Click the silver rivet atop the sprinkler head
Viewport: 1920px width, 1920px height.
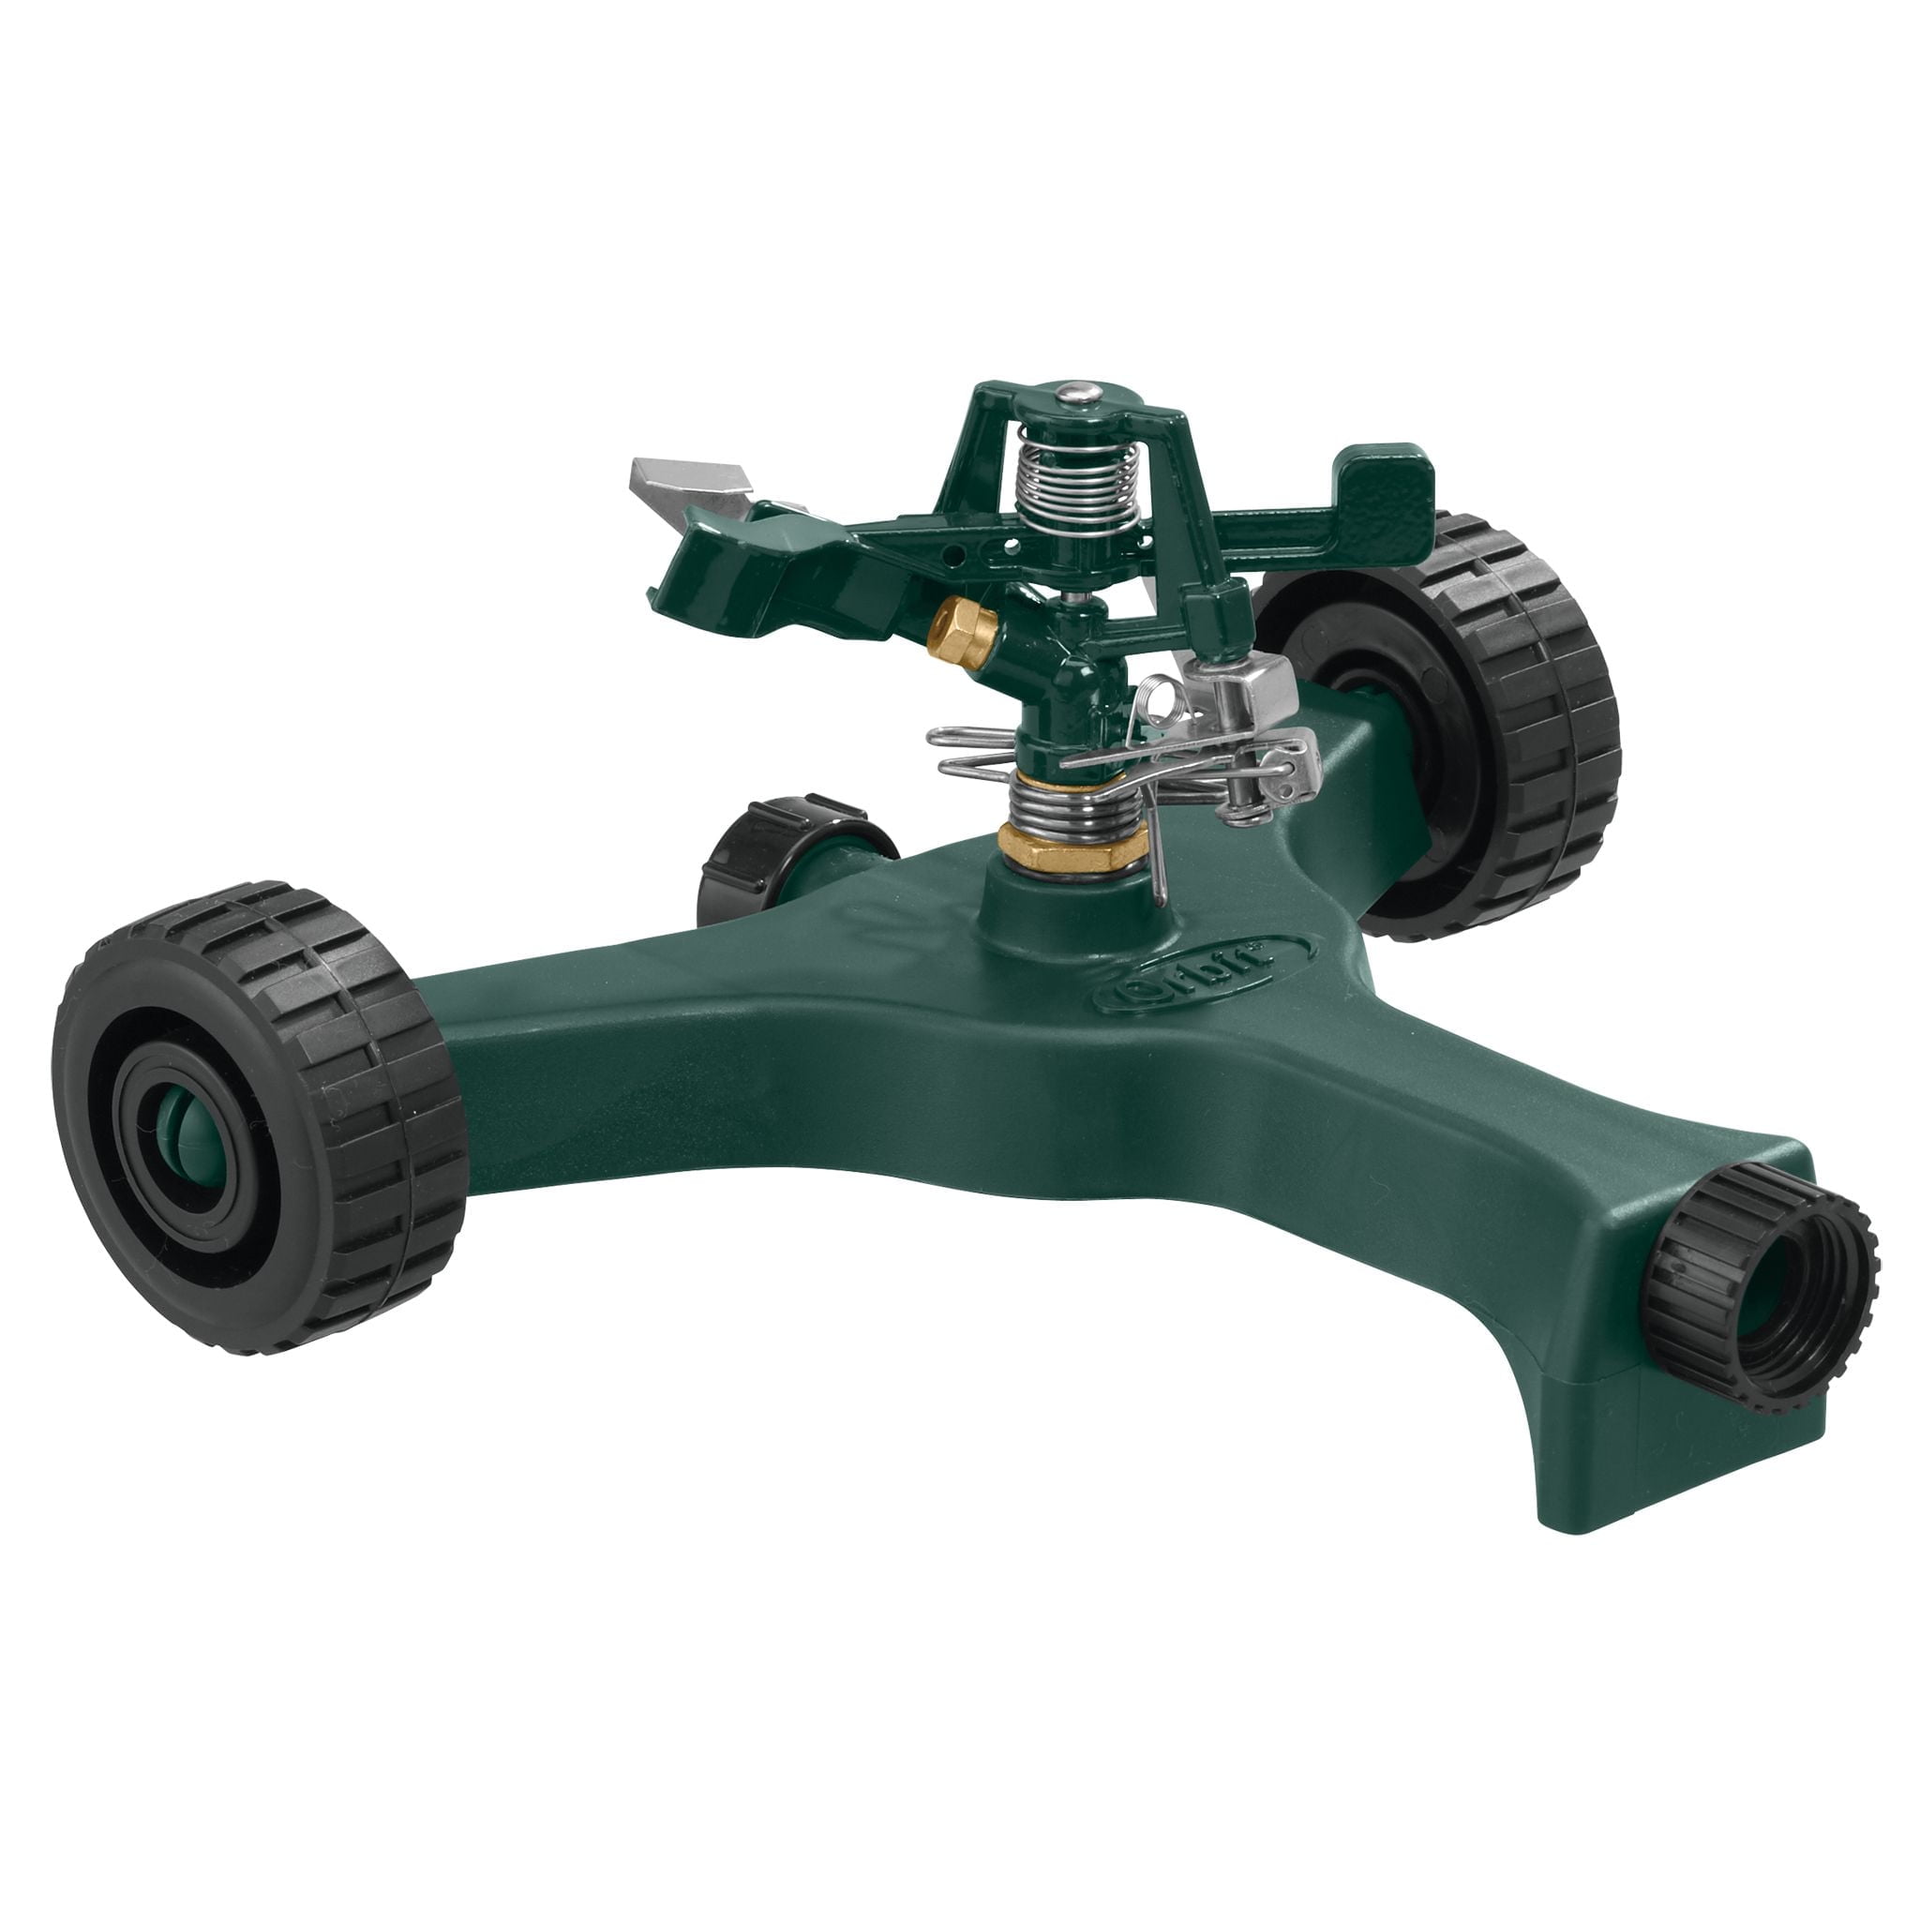1071,396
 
